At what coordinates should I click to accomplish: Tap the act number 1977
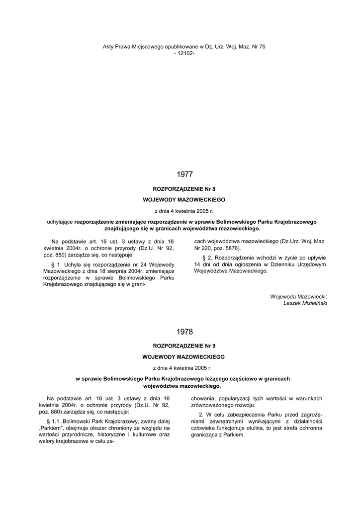[x=184, y=174]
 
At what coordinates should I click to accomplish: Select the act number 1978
[x=184, y=332]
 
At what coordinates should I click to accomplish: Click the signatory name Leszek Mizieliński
[x=305, y=303]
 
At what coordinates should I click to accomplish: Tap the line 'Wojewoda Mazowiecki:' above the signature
[x=299, y=296]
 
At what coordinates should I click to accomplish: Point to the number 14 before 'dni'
[x=197, y=264]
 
